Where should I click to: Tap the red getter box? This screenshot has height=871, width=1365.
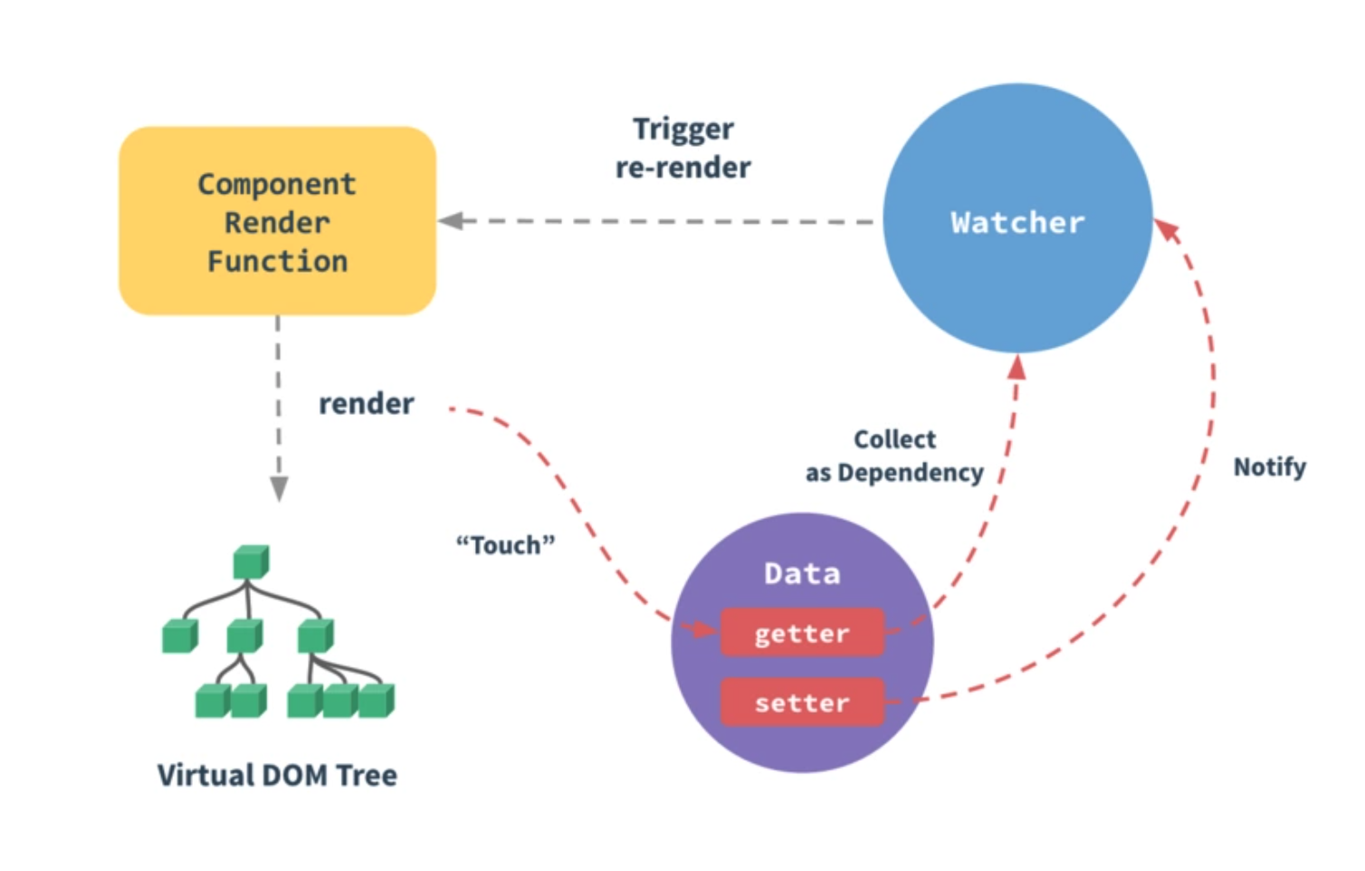pyautogui.click(x=802, y=633)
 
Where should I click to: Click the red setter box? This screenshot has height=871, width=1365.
pyautogui.click(x=802, y=703)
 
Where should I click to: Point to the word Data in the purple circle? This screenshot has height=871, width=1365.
pyautogui.click(x=802, y=573)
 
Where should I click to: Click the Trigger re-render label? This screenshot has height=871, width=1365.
pyautogui.click(x=683, y=148)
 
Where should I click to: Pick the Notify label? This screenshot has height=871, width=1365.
pyautogui.click(x=1269, y=467)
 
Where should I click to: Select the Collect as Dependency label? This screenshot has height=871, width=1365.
pyautogui.click(x=894, y=455)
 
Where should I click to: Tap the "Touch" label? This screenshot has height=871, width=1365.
pyautogui.click(x=505, y=545)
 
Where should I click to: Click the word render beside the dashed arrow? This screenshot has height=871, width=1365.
pyautogui.click(x=366, y=403)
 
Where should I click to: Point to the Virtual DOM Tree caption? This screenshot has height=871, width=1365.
pyautogui.click(x=277, y=775)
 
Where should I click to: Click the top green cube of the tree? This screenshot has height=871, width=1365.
pyautogui.click(x=250, y=561)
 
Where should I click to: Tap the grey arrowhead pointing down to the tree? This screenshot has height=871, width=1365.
pyautogui.click(x=279, y=489)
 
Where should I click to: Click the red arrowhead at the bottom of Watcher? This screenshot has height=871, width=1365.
pyautogui.click(x=1017, y=367)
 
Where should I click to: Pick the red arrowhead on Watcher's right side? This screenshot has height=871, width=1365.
pyautogui.click(x=1168, y=230)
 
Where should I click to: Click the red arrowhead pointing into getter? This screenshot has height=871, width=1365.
pyautogui.click(x=702, y=628)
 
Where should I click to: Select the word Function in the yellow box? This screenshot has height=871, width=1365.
pyautogui.click(x=277, y=262)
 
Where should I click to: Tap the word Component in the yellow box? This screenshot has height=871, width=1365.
pyautogui.click(x=277, y=184)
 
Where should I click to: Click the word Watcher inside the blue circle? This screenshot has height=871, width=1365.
pyautogui.click(x=1017, y=223)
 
